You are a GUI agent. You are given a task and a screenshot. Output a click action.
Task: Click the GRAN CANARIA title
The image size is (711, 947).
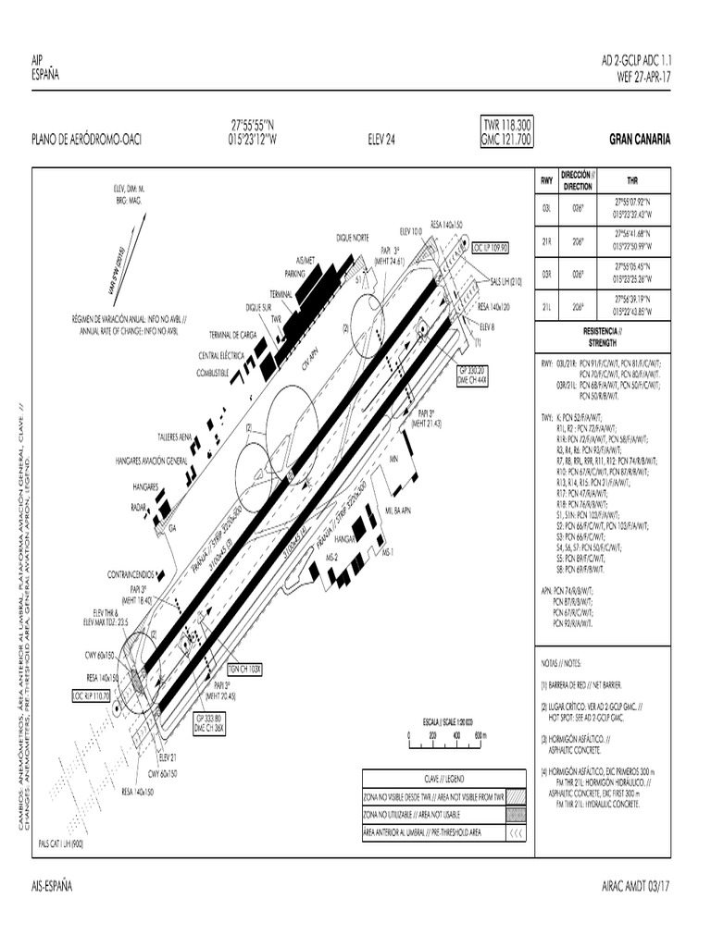pos(640,140)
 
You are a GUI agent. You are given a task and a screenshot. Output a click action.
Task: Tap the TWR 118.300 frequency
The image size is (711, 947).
pos(506,125)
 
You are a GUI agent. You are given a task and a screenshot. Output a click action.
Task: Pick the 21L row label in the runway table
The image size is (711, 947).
pos(546,307)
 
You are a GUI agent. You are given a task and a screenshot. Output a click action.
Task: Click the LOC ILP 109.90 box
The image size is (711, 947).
pos(491,248)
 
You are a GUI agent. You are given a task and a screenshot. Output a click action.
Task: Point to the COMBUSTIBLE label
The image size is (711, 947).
pos(212,372)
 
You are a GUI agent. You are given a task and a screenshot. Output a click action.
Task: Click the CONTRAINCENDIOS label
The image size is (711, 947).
pos(128,574)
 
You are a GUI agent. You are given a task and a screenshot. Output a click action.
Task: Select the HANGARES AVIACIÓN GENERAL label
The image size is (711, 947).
pos(152,459)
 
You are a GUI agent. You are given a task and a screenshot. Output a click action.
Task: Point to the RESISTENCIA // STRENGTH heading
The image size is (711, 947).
pos(603,337)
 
